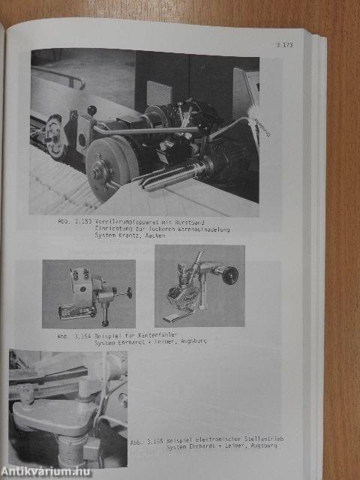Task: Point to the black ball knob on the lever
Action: click(91, 110)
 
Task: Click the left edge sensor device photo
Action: click(88, 293)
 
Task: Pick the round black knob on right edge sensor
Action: click(230, 274)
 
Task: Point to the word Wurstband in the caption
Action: click(202, 223)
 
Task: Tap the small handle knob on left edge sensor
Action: click(129, 292)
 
